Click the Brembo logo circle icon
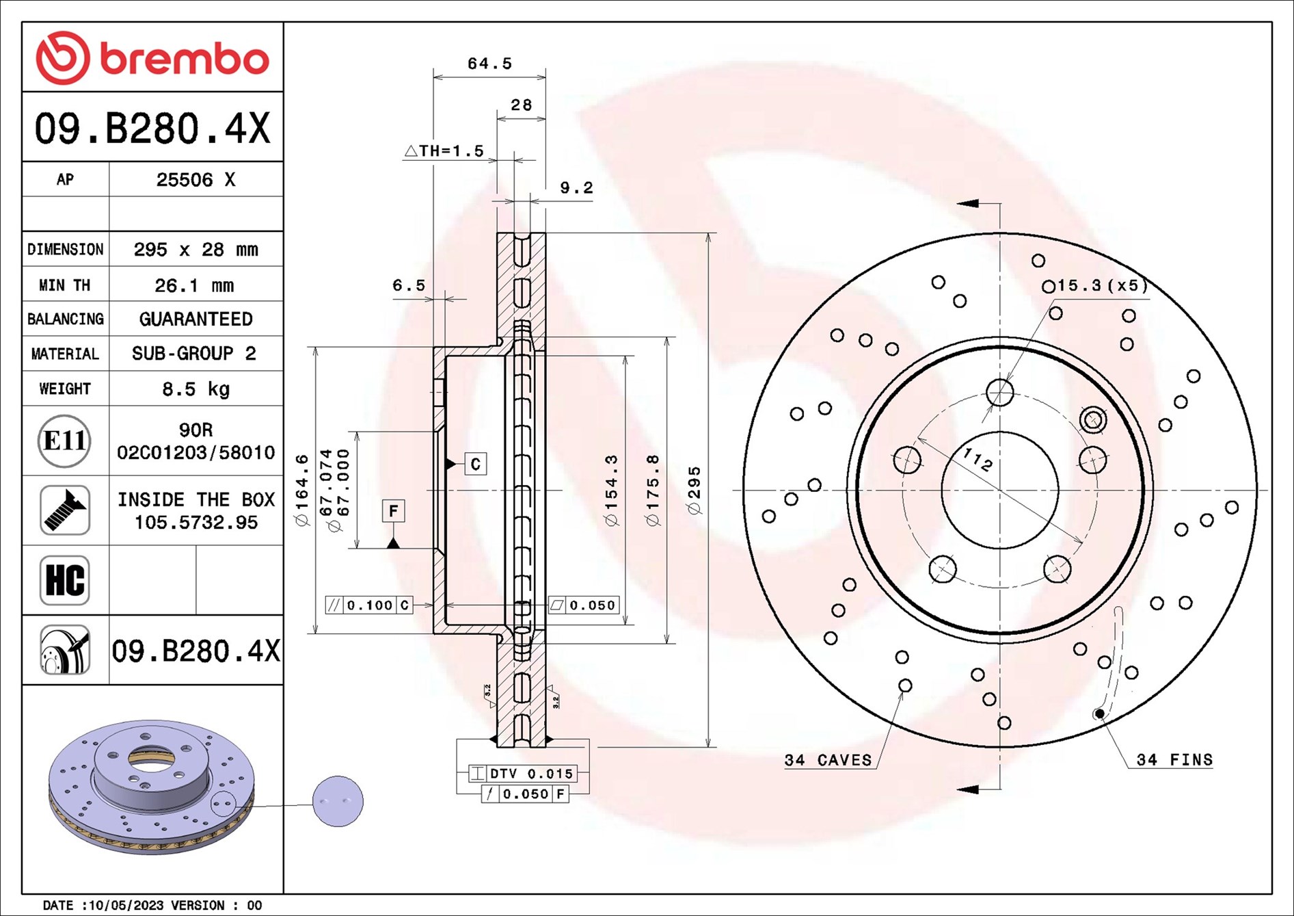click(x=62, y=57)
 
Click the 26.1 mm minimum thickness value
click(x=195, y=285)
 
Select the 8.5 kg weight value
click(x=196, y=389)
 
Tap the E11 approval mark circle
click(x=64, y=441)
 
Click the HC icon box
click(x=65, y=580)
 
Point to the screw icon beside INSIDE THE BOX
click(x=65, y=510)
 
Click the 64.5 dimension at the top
click(x=489, y=64)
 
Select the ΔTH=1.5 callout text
click(x=444, y=151)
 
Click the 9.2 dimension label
click(x=576, y=187)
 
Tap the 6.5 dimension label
click(x=409, y=285)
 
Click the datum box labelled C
click(x=476, y=464)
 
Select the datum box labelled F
click(x=393, y=510)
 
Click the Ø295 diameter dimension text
click(x=694, y=490)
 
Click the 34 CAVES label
click(x=828, y=760)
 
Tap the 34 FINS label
click(x=1174, y=759)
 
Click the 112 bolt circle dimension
click(x=977, y=459)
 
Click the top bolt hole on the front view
click(x=1000, y=393)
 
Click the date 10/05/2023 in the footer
click(x=126, y=905)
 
